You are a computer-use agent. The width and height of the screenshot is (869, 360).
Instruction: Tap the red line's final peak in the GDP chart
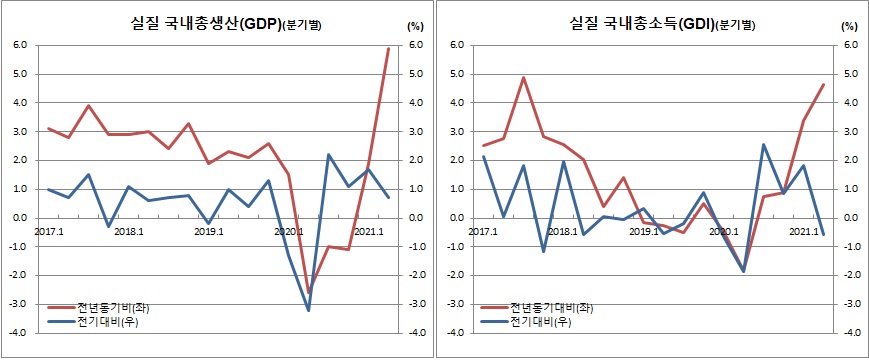[x=388, y=48]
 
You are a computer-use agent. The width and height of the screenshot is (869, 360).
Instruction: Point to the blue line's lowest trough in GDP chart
[x=308, y=310]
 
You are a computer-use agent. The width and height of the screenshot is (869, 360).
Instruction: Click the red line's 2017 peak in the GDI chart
[x=523, y=77]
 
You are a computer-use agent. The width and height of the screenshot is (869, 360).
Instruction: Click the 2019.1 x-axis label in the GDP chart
[x=208, y=231]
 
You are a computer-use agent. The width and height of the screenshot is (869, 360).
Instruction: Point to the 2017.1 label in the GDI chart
[x=482, y=231]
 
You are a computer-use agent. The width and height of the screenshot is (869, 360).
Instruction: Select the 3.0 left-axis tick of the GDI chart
[x=457, y=131]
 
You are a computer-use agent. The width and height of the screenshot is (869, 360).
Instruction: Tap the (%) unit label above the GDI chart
[x=849, y=25]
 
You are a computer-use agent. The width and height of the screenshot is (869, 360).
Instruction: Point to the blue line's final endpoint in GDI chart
[x=823, y=235]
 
